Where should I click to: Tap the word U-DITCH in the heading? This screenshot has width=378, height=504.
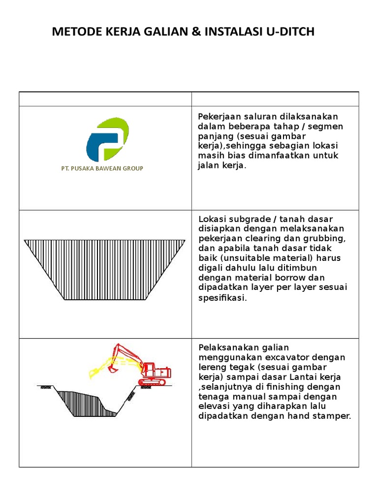tap(288, 32)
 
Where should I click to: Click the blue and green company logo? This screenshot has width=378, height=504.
tap(108, 140)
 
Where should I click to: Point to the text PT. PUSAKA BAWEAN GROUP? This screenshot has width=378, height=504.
tap(102, 168)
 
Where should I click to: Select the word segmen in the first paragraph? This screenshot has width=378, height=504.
tap(327, 126)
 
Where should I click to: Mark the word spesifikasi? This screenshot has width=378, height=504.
tap(221, 298)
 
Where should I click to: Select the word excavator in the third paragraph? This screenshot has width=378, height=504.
tap(277, 357)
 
